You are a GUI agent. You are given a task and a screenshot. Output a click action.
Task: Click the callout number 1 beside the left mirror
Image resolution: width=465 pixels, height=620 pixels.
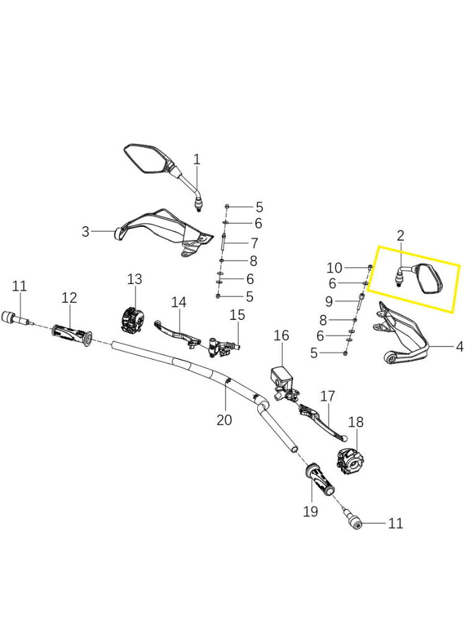coord(197,160)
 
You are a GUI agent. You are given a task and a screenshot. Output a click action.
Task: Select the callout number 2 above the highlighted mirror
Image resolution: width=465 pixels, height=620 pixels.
coord(401,236)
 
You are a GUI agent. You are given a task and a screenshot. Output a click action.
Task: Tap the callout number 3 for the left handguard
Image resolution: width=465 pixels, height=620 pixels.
coord(86,232)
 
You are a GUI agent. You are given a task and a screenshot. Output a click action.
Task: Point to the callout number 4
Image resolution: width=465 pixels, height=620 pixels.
coord(459,347)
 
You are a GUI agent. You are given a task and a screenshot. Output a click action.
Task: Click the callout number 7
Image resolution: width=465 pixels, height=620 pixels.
coord(254,243)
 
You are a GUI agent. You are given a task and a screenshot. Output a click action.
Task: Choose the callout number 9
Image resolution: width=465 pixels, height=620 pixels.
coord(329,302)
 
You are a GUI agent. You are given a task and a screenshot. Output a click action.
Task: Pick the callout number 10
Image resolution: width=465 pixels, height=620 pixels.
coord(334,268)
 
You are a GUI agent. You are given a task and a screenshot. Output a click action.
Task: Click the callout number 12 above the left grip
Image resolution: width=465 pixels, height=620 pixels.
coord(69,298)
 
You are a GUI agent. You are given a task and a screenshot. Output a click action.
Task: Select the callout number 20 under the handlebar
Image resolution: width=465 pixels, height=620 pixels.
coord(224,420)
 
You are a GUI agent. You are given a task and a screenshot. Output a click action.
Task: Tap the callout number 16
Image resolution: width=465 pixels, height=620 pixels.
coord(281,335)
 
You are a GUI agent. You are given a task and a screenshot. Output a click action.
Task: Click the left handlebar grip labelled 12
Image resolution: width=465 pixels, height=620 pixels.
coord(72,335)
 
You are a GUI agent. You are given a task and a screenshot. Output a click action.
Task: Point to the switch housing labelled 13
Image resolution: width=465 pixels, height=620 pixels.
coord(131,319)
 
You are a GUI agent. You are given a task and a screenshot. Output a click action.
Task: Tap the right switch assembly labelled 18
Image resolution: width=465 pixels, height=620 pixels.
coord(350,461)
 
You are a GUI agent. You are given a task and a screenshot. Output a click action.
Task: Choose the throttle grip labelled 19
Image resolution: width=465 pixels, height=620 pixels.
coord(321,480)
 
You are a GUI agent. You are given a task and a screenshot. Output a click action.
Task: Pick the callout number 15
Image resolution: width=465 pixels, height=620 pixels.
coord(237,315)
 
